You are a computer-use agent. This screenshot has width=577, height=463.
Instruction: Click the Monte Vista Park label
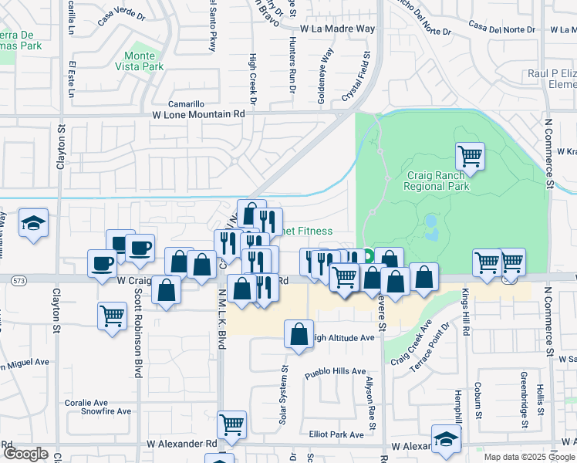click(x=144, y=61)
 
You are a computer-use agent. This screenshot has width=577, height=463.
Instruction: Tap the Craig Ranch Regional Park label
click(x=436, y=180)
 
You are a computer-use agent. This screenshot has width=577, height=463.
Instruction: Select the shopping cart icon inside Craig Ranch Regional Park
click(x=470, y=157)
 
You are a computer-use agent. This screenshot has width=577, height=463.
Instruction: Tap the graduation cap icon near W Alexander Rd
click(x=445, y=439)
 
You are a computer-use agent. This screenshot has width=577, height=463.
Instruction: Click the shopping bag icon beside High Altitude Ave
click(x=299, y=334)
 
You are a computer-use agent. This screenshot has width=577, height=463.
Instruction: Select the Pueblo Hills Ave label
click(x=335, y=371)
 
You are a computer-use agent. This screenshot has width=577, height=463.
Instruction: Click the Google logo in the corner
click(x=25, y=453)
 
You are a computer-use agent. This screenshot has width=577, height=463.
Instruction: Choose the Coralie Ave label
click(x=86, y=402)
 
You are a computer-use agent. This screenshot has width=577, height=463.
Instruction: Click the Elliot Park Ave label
click(x=336, y=434)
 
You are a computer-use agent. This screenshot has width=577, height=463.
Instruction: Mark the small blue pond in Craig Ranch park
click(x=430, y=226)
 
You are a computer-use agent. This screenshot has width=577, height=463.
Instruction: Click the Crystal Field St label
click(x=356, y=77)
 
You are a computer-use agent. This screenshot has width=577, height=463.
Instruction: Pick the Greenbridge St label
click(x=524, y=400)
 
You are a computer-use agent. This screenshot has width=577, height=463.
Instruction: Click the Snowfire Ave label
click(x=107, y=411)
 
